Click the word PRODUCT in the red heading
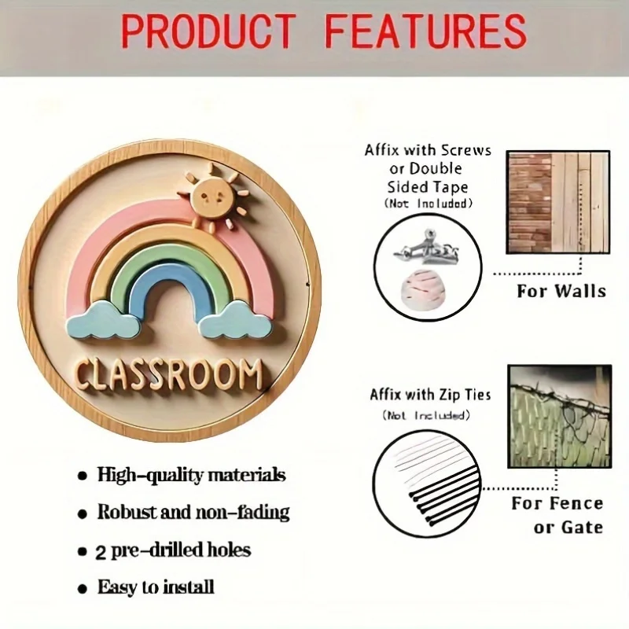[208, 31]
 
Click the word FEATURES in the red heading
[425, 31]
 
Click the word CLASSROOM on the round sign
[169, 376]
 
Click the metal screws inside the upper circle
[426, 247]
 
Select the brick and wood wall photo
[558, 202]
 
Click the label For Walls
[561, 291]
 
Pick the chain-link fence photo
[560, 417]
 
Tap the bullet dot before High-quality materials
[83, 476]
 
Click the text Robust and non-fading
[193, 513]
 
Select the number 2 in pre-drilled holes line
[101, 554]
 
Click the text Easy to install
[156, 587]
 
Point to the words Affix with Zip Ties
[430, 395]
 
